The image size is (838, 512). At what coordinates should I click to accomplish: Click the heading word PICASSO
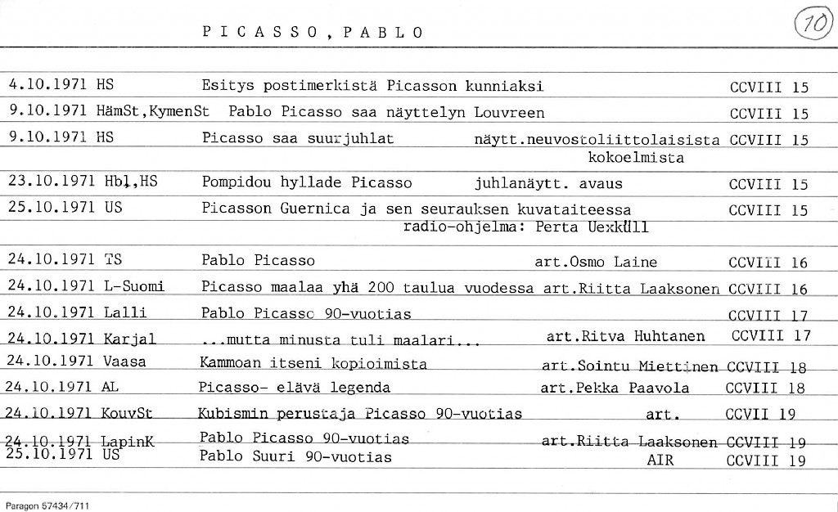[259, 33]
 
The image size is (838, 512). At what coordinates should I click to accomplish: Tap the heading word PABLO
[383, 33]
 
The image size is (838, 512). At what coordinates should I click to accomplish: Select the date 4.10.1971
[47, 85]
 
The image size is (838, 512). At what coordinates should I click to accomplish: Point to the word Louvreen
[512, 113]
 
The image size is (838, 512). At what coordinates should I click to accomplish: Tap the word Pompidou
[236, 182]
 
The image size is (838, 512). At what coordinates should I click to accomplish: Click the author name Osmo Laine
[615, 263]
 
